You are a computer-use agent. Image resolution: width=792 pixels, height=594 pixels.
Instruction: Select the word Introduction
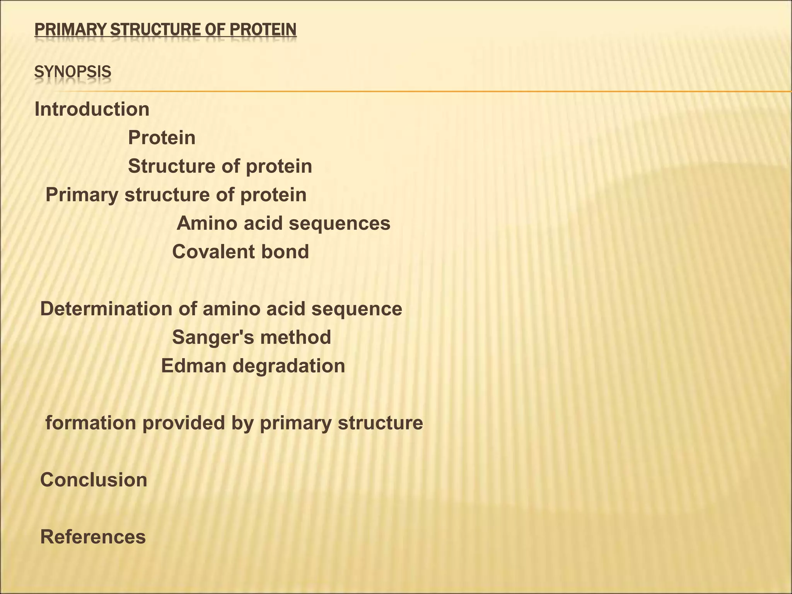[92, 109]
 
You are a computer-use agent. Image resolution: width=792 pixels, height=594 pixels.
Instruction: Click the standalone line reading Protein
[162, 138]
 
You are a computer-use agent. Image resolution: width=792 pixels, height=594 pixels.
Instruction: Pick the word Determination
[106, 309]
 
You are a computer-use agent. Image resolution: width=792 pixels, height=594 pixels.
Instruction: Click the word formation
[91, 423]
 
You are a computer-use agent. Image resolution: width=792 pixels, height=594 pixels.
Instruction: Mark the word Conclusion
[94, 480]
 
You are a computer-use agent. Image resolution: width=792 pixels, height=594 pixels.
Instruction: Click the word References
[93, 537]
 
